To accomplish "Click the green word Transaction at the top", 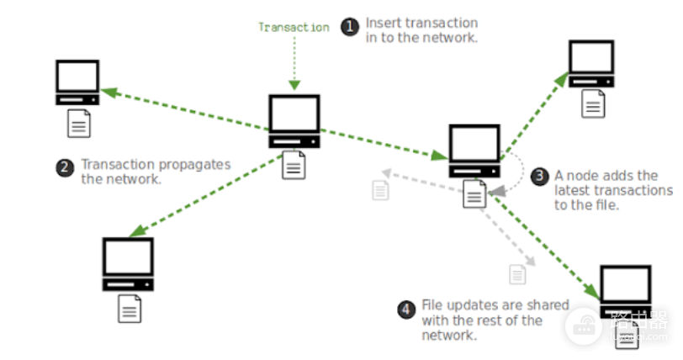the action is [294, 27].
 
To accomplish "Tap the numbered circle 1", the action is [350, 27].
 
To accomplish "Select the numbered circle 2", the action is [65, 167].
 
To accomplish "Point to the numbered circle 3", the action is [539, 176].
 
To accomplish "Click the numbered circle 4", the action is [406, 310].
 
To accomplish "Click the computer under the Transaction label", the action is [294, 121].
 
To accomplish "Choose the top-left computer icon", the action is [77, 82].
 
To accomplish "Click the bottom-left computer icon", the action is [128, 264].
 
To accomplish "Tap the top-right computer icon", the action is [591, 64].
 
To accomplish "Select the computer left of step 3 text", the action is [474, 151].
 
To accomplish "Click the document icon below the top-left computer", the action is [79, 124].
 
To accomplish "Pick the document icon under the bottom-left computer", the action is [130, 309].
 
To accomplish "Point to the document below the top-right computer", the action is [593, 103].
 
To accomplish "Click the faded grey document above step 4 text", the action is [517, 274].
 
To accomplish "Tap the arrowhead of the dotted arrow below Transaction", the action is [294, 85].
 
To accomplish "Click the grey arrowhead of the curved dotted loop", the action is [498, 191].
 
